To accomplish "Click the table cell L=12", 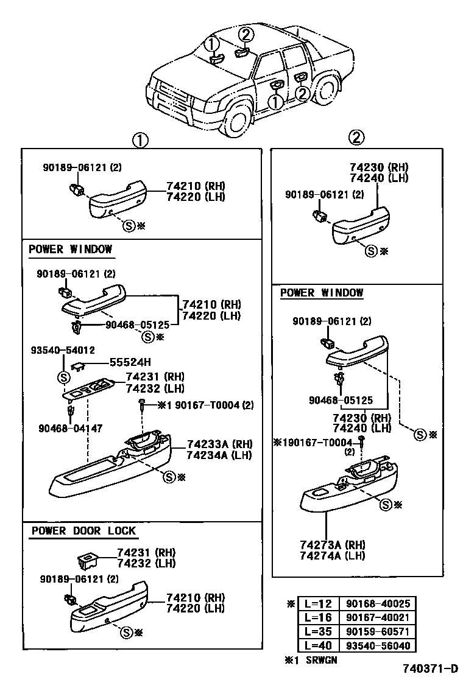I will (317, 604).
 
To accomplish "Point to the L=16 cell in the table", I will (317, 618).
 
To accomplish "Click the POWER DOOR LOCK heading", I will (83, 531).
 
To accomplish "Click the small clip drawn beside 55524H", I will (77, 365).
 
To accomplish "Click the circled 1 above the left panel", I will (140, 141).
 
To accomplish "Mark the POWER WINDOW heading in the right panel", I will (321, 293).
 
